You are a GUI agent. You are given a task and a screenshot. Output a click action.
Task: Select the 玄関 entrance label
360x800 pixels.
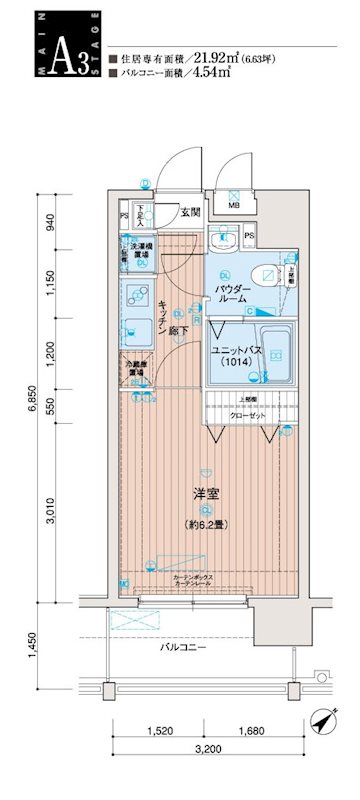[191, 211]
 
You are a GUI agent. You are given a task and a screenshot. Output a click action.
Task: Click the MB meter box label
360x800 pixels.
[234, 205]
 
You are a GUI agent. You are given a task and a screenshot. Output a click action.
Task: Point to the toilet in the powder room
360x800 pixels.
[265, 275]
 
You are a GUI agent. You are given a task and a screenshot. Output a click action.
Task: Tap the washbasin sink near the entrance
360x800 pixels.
[222, 236]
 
